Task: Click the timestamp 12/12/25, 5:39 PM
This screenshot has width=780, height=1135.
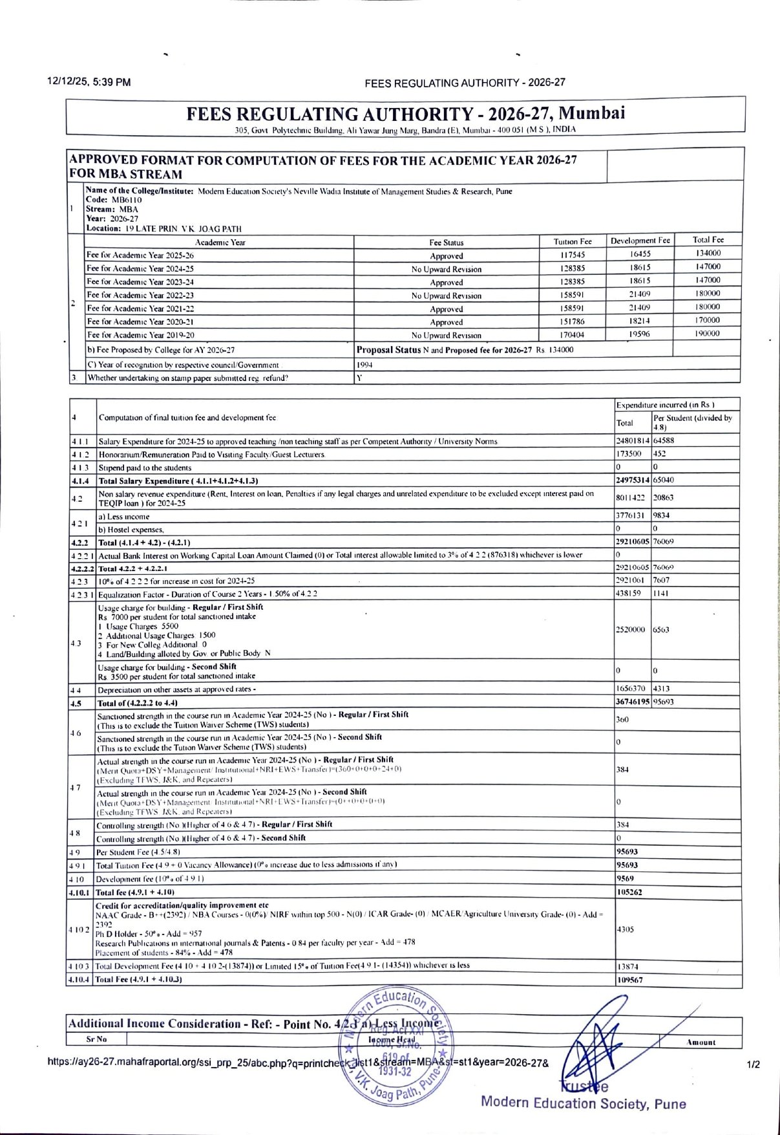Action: pyautogui.click(x=89, y=82)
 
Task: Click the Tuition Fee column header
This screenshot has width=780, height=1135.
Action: pyautogui.click(x=572, y=241)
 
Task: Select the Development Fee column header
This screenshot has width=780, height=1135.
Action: pyautogui.click(x=640, y=241)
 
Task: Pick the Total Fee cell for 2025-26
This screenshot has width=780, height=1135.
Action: pyautogui.click(x=708, y=253)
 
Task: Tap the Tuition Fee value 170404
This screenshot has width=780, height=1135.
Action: pyautogui.click(x=572, y=335)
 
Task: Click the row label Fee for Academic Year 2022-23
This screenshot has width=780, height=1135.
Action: pyautogui.click(x=140, y=295)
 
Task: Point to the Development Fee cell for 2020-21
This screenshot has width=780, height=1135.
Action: pyautogui.click(x=639, y=321)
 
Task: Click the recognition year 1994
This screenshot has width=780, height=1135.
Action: pyautogui.click(x=364, y=365)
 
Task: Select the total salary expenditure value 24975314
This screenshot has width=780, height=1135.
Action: pyautogui.click(x=633, y=480)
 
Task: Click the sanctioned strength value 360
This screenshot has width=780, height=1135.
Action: pyautogui.click(x=622, y=719)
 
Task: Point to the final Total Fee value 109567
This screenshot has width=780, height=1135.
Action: pyautogui.click(x=629, y=980)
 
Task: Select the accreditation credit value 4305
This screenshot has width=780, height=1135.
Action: pyautogui.click(x=625, y=929)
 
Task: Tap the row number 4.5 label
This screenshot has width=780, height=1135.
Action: pyautogui.click(x=77, y=702)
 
